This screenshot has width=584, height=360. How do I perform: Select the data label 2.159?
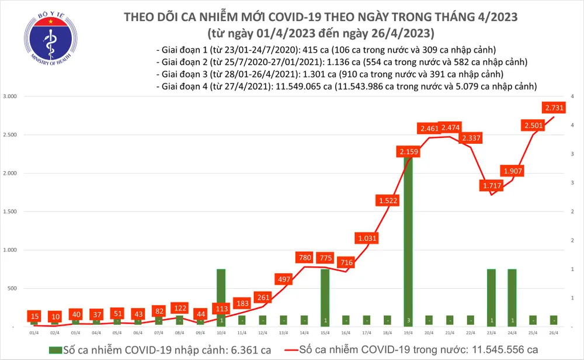[x=408, y=152]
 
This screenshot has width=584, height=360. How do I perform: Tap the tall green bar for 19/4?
[x=408, y=240]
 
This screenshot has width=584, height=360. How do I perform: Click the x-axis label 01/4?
[x=34, y=332]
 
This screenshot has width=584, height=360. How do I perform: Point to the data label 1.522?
[x=387, y=200]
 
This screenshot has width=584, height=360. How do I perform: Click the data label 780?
[x=304, y=258]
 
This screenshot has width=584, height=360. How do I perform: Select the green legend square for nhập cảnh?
[x=55, y=349]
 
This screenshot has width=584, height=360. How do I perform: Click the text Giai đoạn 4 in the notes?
[x=183, y=86]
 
